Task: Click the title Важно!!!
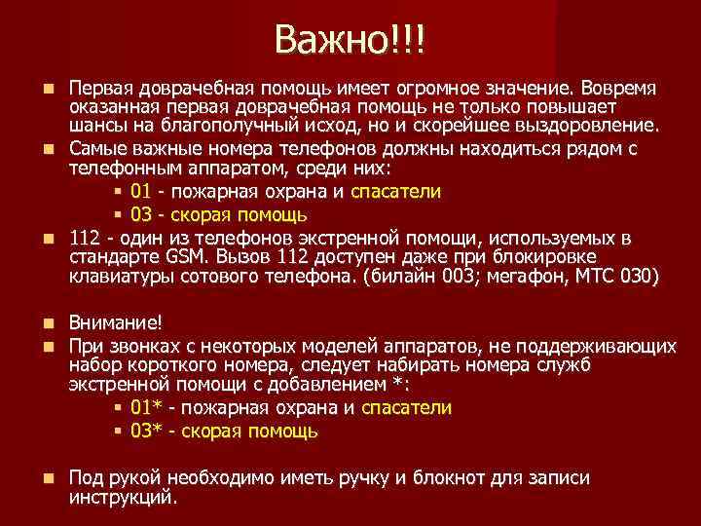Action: [350, 40]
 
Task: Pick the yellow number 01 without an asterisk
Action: [140, 191]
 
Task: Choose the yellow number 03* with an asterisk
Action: [146, 431]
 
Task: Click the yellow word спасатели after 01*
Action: [406, 408]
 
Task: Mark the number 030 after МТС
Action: [640, 278]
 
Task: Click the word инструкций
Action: [123, 498]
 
